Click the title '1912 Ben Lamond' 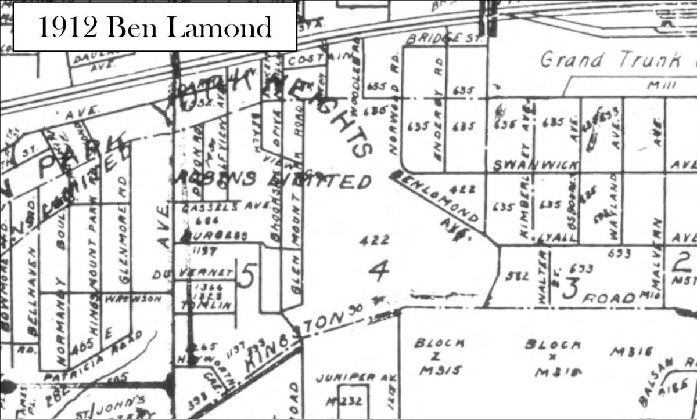155,27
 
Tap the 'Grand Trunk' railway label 616,59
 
